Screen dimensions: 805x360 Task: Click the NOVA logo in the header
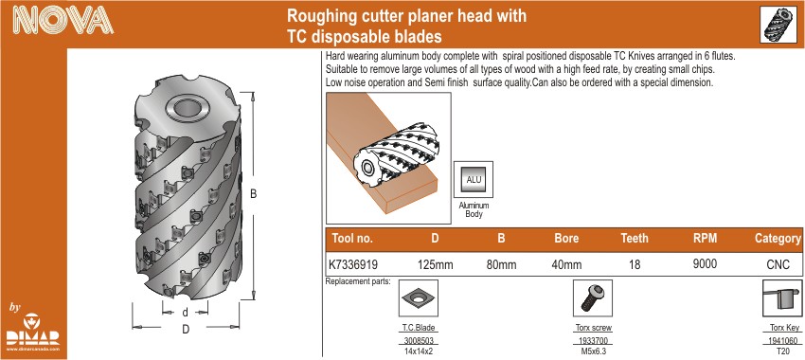(x=63, y=22)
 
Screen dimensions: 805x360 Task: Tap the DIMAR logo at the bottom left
(x=33, y=332)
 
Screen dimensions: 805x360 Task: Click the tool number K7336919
(x=353, y=265)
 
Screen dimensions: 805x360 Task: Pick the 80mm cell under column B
(x=501, y=265)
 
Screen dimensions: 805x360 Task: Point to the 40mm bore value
(x=566, y=265)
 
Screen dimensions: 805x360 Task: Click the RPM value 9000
(x=704, y=264)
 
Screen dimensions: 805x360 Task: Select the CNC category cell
(x=777, y=265)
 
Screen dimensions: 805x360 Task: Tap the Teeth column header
(x=635, y=239)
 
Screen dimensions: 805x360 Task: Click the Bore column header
(x=566, y=239)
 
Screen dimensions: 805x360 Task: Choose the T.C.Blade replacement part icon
(x=419, y=298)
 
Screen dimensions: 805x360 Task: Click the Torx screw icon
(x=593, y=298)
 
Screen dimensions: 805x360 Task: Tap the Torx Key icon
(x=782, y=298)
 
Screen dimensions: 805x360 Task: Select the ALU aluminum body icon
(x=474, y=180)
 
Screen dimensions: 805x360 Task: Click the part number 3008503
(x=419, y=341)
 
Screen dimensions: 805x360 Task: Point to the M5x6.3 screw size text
(x=593, y=351)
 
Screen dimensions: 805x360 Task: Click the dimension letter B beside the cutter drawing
(x=253, y=194)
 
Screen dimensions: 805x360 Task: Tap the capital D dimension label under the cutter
(x=186, y=330)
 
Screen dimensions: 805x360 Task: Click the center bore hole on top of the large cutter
(x=187, y=109)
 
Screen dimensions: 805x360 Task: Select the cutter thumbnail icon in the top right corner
(x=778, y=26)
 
